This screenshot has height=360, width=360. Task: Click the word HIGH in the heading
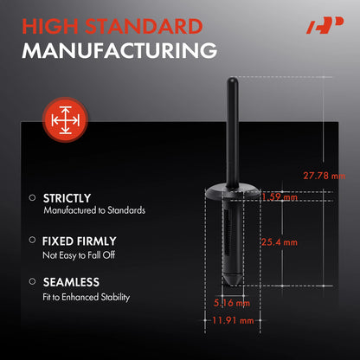(50, 27)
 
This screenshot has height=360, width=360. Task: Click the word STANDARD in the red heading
(144, 27)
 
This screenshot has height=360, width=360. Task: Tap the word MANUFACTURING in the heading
(119, 51)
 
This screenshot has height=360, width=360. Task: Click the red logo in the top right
(325, 25)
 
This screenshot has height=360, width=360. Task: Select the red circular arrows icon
(65, 119)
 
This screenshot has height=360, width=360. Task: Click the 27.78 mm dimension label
(324, 176)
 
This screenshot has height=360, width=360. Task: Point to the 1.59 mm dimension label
(280, 197)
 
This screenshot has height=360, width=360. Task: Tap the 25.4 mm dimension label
(280, 242)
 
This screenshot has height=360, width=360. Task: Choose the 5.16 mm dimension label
(232, 303)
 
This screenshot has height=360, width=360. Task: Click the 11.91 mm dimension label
(233, 320)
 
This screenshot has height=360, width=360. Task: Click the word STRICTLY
(67, 198)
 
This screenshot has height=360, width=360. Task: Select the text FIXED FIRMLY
(80, 241)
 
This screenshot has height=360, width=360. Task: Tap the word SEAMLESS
(71, 282)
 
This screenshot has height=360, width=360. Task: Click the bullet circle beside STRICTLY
(32, 197)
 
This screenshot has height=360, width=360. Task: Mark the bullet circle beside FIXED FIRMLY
(32, 240)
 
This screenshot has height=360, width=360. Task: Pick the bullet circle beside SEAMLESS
(32, 281)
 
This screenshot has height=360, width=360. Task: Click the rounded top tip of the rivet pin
(233, 79)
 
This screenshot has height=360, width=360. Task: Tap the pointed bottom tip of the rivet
(233, 285)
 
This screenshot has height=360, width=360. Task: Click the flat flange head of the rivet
(233, 192)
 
